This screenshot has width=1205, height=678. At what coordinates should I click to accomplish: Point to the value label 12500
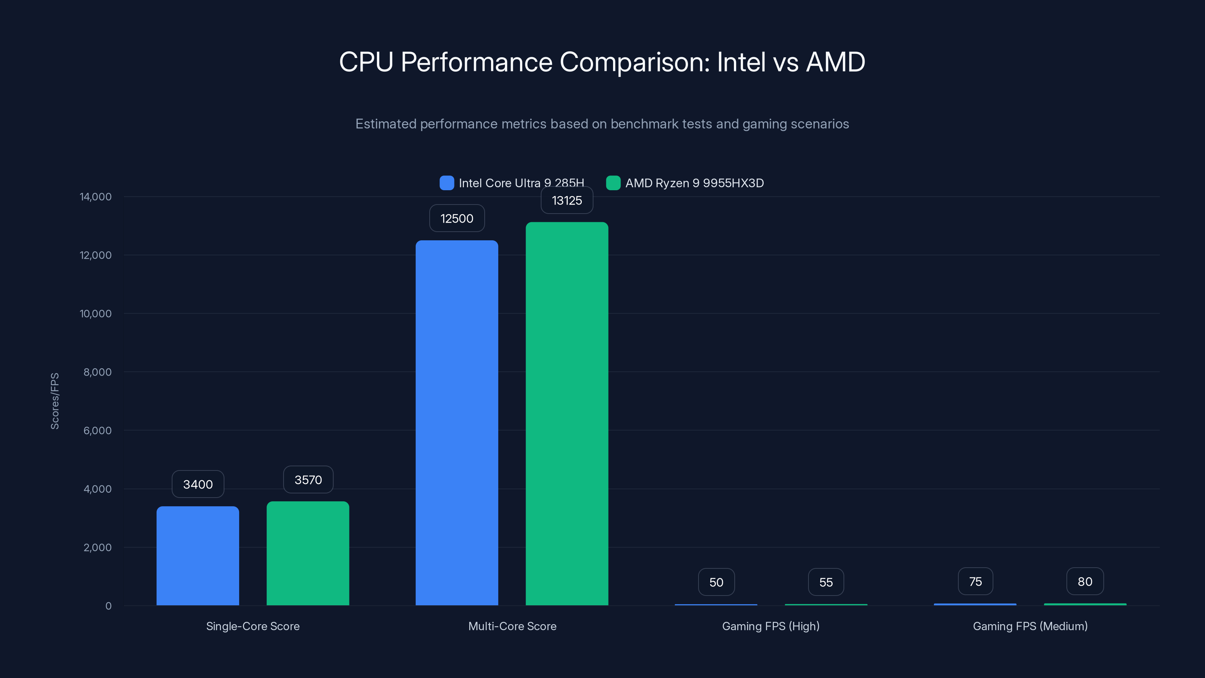pyautogui.click(x=456, y=218)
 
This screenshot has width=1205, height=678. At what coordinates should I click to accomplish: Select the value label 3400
pyautogui.click(x=197, y=484)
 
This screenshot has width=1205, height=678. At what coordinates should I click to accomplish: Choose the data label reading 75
pyautogui.click(x=975, y=582)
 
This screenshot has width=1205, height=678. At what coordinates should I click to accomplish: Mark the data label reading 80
pyautogui.click(x=1085, y=582)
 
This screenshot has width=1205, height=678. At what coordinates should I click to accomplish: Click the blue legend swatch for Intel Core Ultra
pyautogui.click(x=447, y=183)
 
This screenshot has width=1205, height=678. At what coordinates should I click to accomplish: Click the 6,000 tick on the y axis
pyautogui.click(x=97, y=431)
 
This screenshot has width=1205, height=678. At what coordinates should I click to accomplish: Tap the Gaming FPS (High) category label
pyautogui.click(x=770, y=626)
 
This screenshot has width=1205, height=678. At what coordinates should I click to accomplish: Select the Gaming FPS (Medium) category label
pyautogui.click(x=1030, y=626)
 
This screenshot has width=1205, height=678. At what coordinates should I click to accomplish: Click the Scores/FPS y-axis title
pyautogui.click(x=55, y=401)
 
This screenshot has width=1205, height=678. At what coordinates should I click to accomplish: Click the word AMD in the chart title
pyautogui.click(x=836, y=62)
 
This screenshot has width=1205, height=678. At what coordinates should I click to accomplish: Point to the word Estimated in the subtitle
pyautogui.click(x=386, y=124)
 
